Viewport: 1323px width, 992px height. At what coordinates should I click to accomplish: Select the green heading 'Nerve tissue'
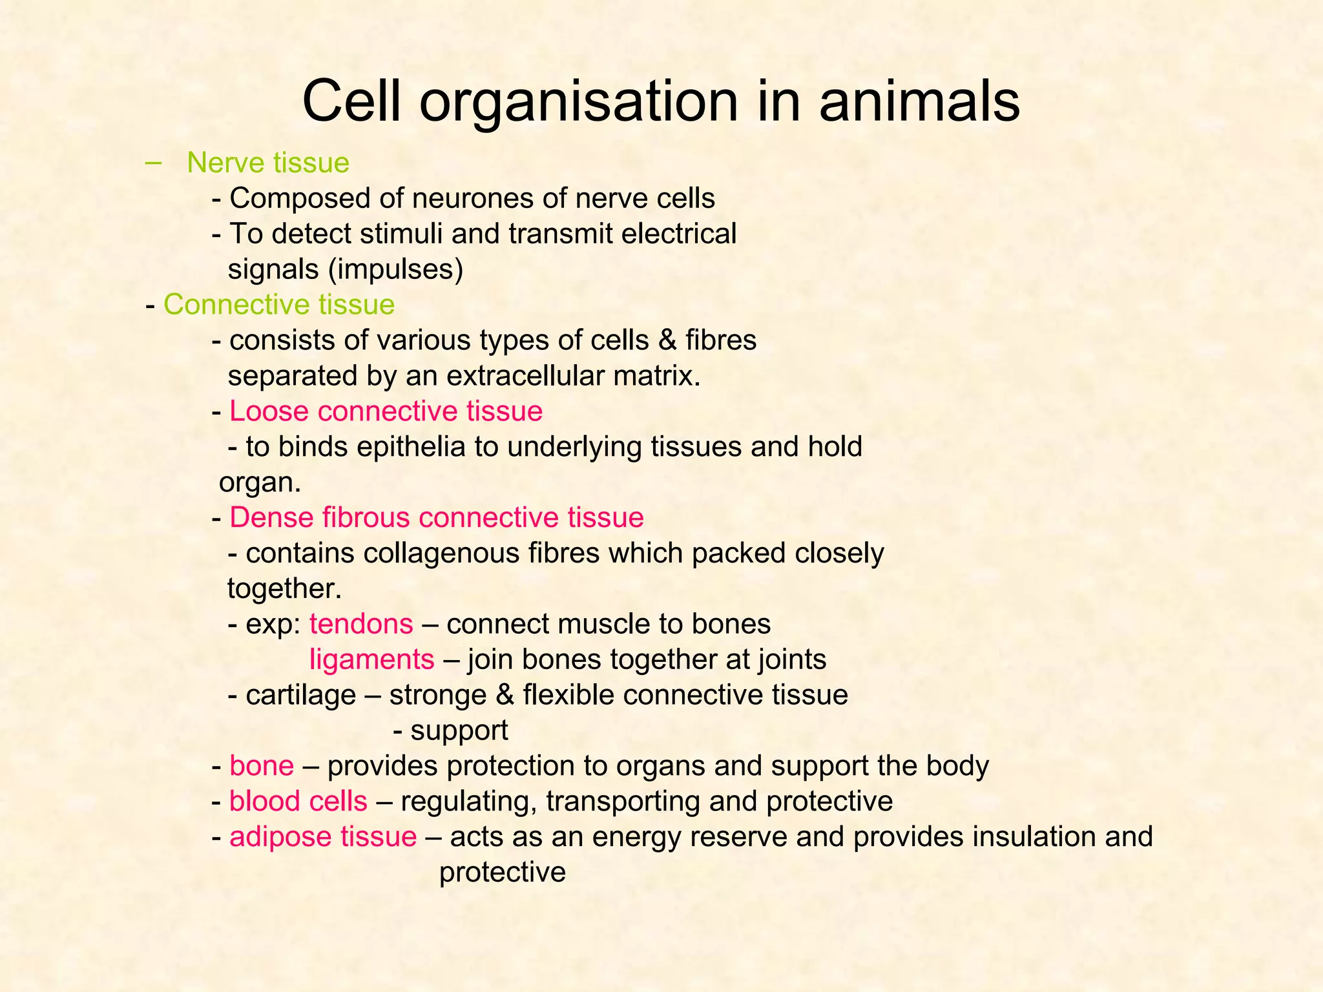[x=268, y=163]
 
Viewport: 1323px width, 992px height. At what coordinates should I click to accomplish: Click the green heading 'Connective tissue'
[x=279, y=305]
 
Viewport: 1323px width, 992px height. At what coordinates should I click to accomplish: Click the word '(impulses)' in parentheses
[x=396, y=269]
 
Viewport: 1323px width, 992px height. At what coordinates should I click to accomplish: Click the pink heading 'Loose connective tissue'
[x=386, y=411]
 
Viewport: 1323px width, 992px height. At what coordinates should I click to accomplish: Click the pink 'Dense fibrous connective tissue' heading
[x=437, y=518]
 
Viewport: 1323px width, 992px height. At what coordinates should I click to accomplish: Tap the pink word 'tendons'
[x=361, y=625]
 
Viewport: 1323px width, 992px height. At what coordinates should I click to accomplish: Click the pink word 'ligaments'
[x=372, y=660]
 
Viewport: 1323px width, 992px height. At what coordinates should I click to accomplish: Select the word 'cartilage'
[x=301, y=696]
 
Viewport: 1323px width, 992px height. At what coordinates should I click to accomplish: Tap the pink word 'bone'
[x=262, y=766]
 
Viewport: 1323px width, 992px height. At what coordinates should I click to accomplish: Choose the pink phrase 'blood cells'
[x=298, y=801]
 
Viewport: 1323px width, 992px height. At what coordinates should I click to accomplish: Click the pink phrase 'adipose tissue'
[x=323, y=837]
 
